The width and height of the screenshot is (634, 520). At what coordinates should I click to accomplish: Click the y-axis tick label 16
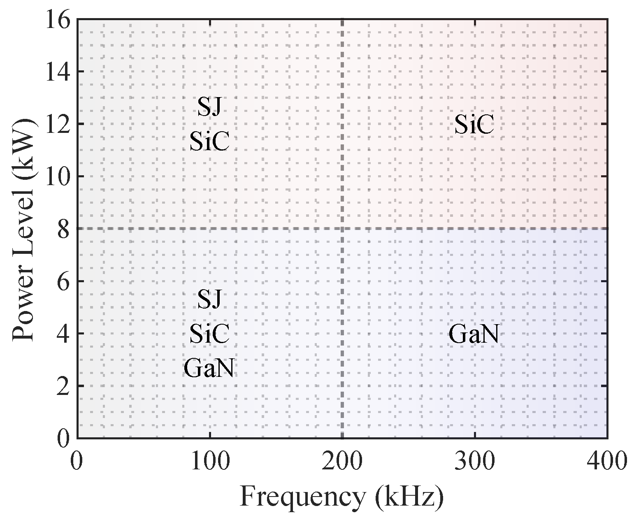[57, 20]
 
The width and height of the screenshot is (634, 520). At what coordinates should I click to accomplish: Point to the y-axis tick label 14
[57, 72]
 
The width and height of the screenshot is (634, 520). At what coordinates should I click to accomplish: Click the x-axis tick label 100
[210, 461]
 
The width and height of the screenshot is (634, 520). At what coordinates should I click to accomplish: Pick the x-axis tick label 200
[342, 461]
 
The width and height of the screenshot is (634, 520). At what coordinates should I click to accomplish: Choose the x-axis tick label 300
[475, 461]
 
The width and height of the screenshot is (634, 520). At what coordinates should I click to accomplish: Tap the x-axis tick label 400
[607, 461]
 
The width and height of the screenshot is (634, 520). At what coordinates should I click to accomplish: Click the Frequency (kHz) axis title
[342, 497]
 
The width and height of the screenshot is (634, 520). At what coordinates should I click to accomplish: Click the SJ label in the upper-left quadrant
[209, 107]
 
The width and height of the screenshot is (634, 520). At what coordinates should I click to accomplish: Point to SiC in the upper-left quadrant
[209, 142]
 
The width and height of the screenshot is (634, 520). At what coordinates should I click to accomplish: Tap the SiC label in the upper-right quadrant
[474, 125]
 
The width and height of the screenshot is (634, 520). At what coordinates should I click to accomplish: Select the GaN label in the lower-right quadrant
[474, 334]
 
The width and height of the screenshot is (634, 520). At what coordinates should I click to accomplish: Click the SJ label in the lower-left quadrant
[209, 299]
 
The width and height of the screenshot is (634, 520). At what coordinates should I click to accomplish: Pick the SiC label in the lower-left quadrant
[209, 334]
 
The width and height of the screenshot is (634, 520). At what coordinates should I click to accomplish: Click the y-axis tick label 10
[57, 177]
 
